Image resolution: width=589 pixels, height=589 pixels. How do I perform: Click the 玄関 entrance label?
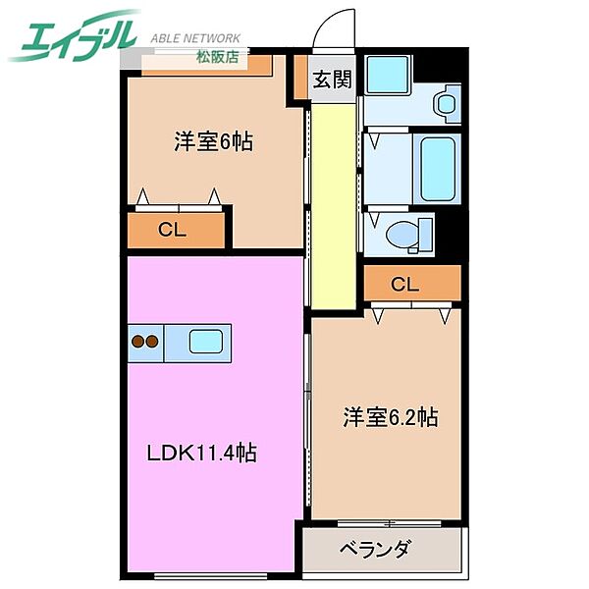[332, 80]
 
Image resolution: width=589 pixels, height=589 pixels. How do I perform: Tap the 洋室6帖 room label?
[214, 142]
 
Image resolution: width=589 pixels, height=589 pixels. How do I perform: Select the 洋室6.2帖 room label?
[390, 417]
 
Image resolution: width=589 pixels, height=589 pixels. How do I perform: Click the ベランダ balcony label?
[375, 549]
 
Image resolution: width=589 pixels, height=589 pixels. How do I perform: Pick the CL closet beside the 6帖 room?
[173, 232]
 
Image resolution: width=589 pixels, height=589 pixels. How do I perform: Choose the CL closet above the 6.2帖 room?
[404, 286]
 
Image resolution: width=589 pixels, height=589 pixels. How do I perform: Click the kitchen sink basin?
[207, 342]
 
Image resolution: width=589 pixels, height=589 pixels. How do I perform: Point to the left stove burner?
[137, 342]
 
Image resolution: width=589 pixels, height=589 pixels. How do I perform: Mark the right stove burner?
[152, 342]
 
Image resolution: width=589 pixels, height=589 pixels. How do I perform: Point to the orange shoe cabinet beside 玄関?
[298, 79]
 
